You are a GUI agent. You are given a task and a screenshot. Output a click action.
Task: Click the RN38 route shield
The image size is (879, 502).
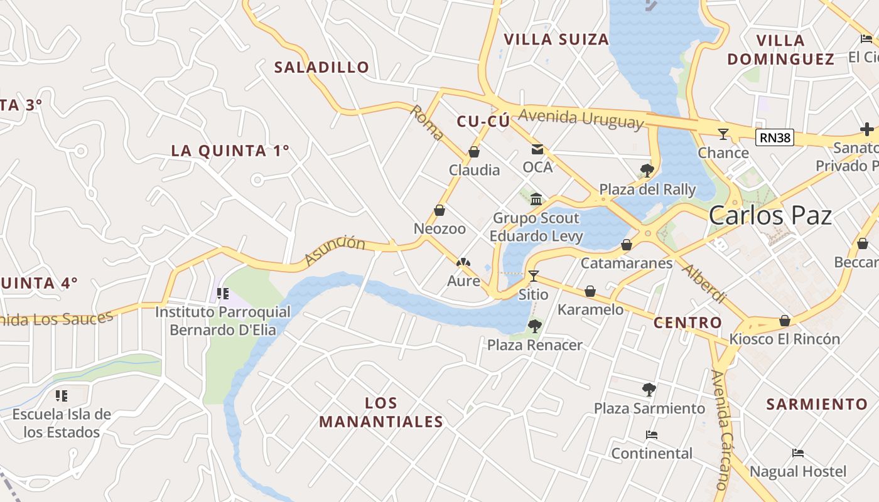pyautogui.click(x=775, y=137)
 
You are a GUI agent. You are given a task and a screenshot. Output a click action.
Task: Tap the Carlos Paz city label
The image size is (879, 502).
pyautogui.click(x=770, y=215)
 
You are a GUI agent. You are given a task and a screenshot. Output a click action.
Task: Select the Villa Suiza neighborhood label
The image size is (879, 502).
pyautogui.click(x=556, y=40)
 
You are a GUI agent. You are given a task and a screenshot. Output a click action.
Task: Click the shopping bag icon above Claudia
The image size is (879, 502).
pyautogui.click(x=474, y=152)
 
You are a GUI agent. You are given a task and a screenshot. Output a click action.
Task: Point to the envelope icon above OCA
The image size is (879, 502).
pyautogui.click(x=537, y=149)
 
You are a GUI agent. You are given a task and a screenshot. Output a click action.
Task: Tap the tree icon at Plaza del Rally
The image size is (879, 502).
pyautogui.click(x=647, y=171)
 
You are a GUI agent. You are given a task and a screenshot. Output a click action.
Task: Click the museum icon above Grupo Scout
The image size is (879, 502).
pyautogui.click(x=536, y=200)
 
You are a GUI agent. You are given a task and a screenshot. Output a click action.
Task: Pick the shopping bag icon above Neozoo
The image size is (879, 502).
pyautogui.click(x=439, y=211)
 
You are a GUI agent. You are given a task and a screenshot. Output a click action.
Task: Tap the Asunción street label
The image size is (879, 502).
pyautogui.click(x=335, y=250)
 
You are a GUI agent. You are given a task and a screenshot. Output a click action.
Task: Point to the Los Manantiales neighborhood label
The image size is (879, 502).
pyautogui.click(x=381, y=412)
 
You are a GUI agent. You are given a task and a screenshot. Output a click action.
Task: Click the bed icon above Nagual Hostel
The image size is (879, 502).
pyautogui.click(x=798, y=453)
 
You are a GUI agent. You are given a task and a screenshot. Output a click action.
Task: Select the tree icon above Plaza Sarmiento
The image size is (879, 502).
pyautogui.click(x=649, y=390)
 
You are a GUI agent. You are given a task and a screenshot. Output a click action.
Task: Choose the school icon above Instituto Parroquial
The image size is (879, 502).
pyautogui.click(x=222, y=294)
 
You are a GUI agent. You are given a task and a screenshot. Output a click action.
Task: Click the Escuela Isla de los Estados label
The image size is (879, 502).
pyautogui.click(x=62, y=423)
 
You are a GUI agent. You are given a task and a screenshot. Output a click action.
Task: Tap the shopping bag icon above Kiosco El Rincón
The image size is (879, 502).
pyautogui.click(x=784, y=321)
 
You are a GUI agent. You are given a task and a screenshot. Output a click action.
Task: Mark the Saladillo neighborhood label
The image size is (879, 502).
pyautogui.click(x=321, y=67)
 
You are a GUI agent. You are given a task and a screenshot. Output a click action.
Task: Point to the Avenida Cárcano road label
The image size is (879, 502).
pyautogui.click(x=723, y=430)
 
